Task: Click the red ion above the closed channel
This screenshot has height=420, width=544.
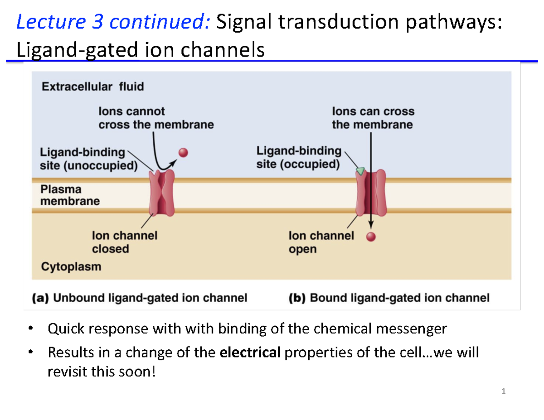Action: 183,153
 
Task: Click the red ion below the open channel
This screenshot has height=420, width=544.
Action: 371,236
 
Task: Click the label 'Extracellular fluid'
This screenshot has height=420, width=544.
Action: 92,87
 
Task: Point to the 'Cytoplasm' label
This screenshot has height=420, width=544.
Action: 71,266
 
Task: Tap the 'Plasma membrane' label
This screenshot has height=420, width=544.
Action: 70,195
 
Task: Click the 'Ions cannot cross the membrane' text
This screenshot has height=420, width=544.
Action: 156,118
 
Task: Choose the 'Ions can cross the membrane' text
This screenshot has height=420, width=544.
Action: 373,118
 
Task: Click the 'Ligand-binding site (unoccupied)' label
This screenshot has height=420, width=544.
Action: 88,158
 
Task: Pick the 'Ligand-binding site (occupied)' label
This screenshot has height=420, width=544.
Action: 298,157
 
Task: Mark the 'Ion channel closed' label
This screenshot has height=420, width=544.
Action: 124,242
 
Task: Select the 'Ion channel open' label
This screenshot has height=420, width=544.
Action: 321,242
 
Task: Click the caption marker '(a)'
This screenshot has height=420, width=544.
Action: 40,298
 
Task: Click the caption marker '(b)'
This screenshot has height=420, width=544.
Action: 297,298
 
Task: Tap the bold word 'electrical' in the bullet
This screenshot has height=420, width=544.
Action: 250,352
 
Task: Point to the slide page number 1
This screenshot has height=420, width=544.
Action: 503,391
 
